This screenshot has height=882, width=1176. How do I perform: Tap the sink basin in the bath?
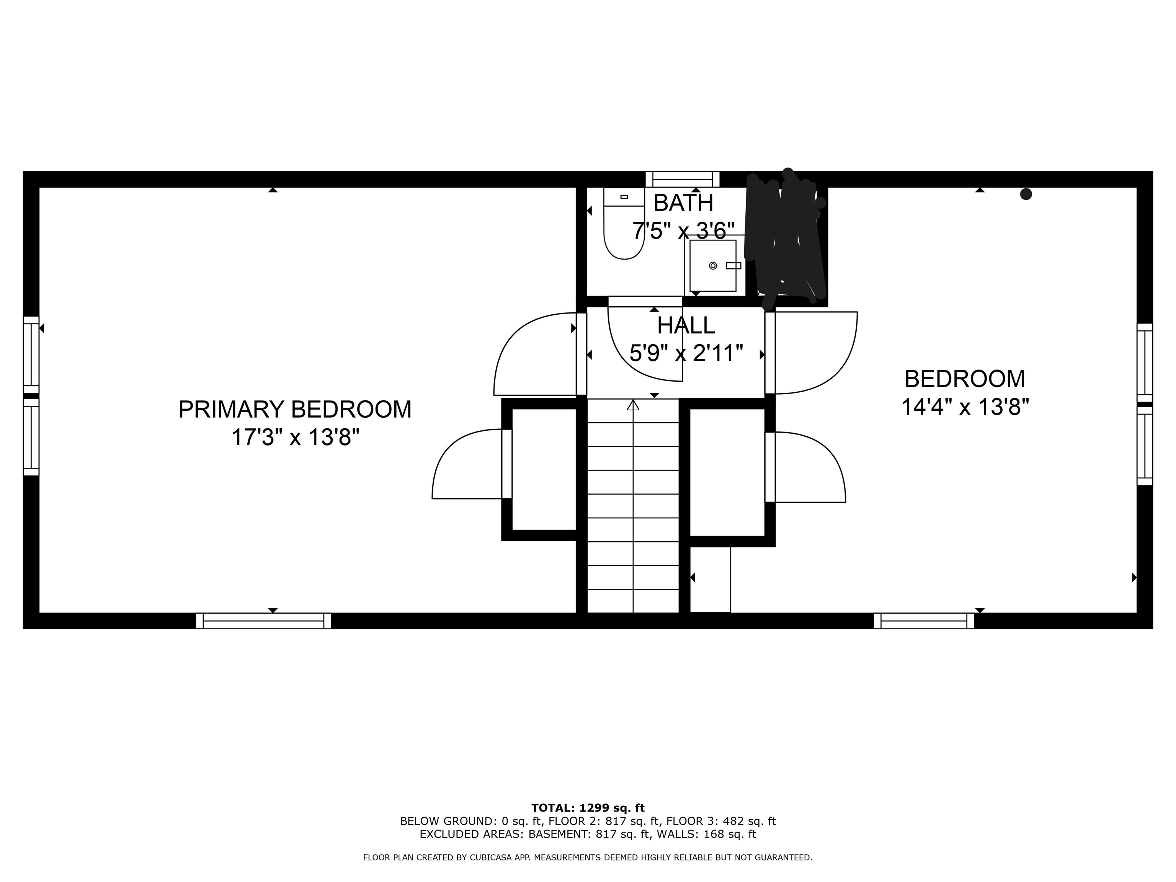(x=712, y=265)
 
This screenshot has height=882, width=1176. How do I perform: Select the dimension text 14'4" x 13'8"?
(x=965, y=408)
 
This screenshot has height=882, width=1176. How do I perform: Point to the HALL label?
(x=686, y=325)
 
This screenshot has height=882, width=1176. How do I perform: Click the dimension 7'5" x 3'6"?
(x=683, y=231)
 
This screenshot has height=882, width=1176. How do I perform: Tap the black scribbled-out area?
(x=786, y=239)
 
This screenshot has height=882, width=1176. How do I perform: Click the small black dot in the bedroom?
(x=1026, y=194)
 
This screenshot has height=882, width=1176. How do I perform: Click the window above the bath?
(x=682, y=179)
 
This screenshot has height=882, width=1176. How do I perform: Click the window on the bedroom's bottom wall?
(x=923, y=621)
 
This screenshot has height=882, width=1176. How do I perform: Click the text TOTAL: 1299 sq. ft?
(x=588, y=808)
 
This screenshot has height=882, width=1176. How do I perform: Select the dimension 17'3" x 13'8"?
(x=295, y=438)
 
